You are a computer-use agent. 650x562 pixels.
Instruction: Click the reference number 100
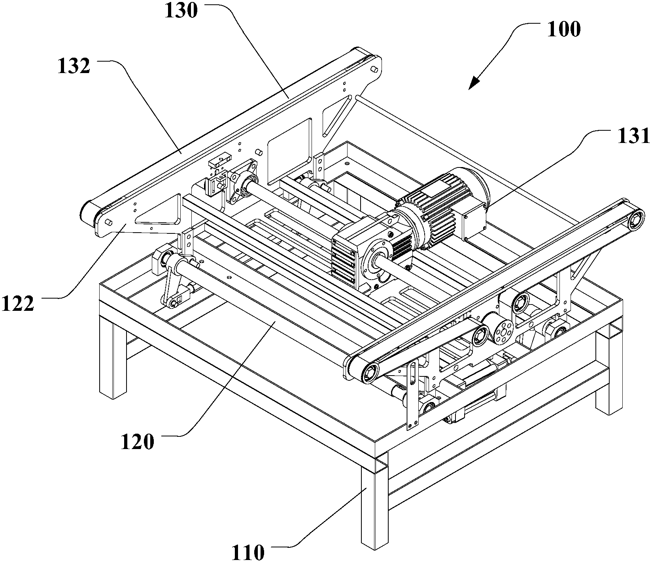[564, 30]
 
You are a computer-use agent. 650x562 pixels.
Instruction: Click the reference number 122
[17, 304]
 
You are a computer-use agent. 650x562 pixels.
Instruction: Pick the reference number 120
[137, 442]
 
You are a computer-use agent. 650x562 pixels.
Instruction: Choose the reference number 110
[248, 552]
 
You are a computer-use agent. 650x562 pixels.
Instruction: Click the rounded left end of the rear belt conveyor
[85, 214]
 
